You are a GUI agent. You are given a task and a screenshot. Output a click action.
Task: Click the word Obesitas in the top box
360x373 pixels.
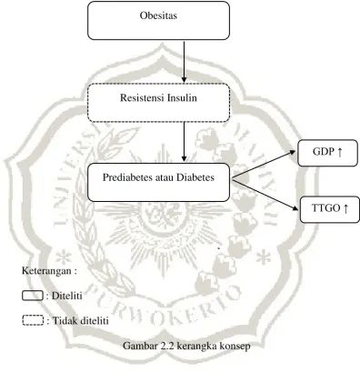click(x=158, y=15)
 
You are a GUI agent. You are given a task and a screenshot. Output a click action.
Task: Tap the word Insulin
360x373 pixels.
click(x=181, y=98)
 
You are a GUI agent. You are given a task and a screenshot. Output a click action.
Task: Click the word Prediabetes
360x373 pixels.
click(x=127, y=177)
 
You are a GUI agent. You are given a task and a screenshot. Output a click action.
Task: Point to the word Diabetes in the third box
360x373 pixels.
click(x=195, y=177)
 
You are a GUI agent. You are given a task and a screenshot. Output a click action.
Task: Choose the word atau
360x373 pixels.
click(x=165, y=177)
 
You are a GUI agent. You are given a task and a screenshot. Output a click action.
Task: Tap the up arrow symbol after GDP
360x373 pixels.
click(x=340, y=152)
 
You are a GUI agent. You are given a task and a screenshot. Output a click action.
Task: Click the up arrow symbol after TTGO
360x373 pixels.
click(x=345, y=208)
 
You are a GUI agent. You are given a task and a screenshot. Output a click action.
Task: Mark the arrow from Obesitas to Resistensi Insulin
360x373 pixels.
click(x=184, y=62)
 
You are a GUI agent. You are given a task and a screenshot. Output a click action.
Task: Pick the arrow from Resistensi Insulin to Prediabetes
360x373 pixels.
click(x=184, y=142)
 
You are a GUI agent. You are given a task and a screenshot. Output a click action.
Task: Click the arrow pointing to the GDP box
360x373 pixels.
click(x=264, y=166)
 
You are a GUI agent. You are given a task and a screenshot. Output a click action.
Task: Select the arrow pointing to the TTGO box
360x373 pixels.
click(x=265, y=196)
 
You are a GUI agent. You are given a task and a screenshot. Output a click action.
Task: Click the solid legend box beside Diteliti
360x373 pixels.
click(x=33, y=296)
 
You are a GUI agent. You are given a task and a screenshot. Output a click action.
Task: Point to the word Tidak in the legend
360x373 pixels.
click(x=63, y=320)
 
